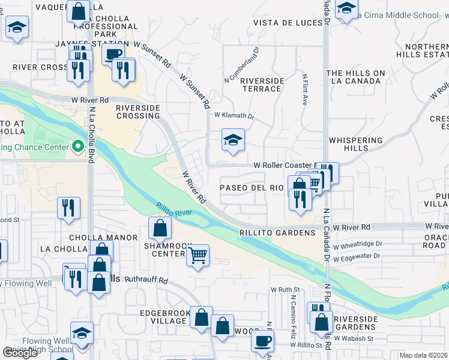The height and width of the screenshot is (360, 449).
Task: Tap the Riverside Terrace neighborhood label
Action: tap(261, 85)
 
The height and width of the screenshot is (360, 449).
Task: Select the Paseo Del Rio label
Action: tap(251, 188)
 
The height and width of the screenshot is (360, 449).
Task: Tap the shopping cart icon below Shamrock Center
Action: tap(197, 256)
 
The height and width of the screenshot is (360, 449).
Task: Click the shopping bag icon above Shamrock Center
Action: tap(160, 228)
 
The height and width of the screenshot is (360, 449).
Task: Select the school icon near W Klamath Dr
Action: tap(233, 140)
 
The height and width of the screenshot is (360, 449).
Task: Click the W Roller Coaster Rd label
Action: tap(285, 165)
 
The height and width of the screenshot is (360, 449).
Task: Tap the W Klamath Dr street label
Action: tap(234, 115)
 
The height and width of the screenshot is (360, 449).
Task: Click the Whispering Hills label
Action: tap(355, 144)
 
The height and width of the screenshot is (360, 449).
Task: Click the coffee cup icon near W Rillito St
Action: tap(262, 341)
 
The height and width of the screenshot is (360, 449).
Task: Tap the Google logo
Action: tap(20, 353)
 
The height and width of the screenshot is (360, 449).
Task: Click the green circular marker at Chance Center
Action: tap(77, 146)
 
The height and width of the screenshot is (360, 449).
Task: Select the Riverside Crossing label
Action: tap(138, 112)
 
